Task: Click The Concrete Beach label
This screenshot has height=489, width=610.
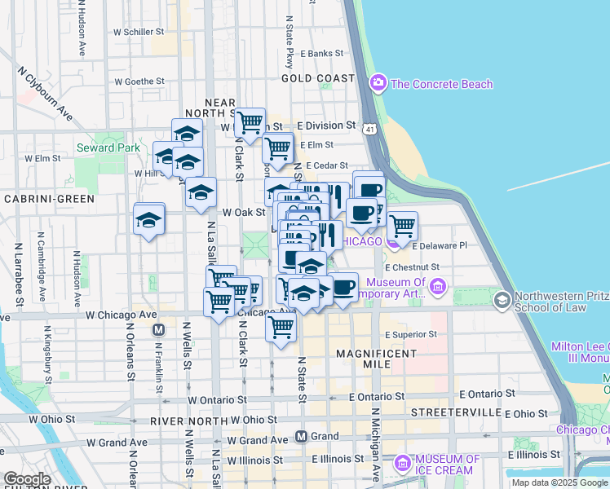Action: (441, 84)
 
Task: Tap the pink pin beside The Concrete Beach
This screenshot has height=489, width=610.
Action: (378, 83)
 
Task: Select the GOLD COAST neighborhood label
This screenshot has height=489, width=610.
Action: (318, 78)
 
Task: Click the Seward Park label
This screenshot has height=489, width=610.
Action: (108, 148)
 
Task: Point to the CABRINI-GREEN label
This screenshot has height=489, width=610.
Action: (48, 198)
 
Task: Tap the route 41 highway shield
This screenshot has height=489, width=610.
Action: (371, 130)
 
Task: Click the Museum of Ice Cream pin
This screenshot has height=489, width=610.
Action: (401, 464)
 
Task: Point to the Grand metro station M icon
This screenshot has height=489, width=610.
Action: (301, 436)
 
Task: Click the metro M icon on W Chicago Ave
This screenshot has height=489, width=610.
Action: (159, 330)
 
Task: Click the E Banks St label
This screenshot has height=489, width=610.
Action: (316, 54)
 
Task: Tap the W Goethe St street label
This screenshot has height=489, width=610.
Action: (139, 81)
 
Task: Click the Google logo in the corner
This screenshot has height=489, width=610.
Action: (26, 479)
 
